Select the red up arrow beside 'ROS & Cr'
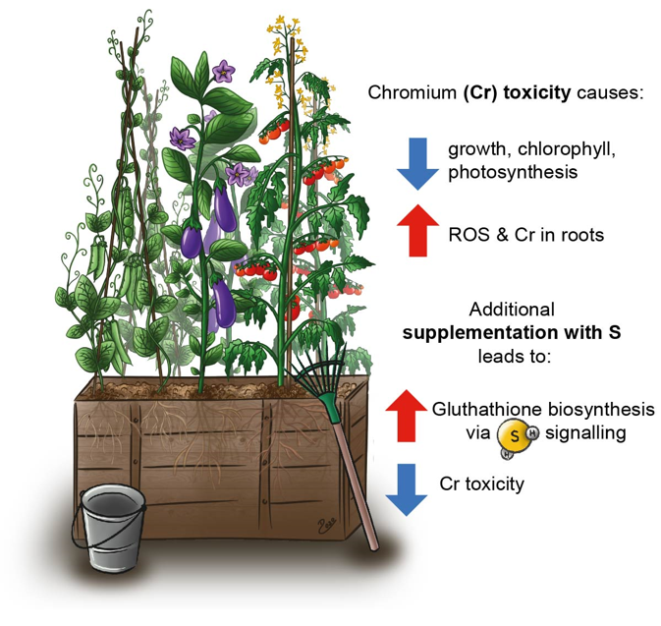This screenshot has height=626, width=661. [x=416, y=230]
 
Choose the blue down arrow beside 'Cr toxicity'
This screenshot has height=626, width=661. [x=406, y=487]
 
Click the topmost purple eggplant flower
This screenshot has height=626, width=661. [x=224, y=71]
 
